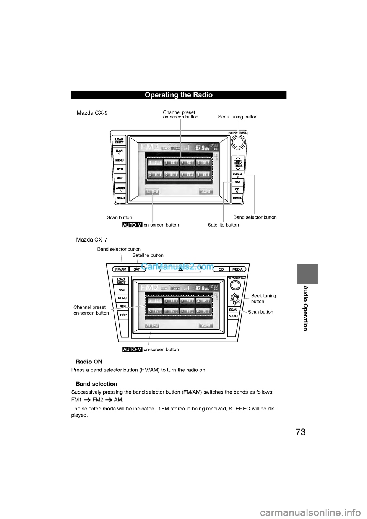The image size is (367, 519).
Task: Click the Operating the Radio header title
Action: coord(179,95)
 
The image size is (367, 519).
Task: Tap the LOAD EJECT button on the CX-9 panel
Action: coord(119,141)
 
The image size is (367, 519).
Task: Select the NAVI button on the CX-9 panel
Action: coord(119,151)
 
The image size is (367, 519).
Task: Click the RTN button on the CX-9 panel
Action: coord(120,169)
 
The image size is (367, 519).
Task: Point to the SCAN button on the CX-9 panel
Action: coord(121,198)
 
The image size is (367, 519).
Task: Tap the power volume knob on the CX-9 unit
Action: coord(238,142)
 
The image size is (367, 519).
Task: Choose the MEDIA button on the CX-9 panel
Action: coord(237,198)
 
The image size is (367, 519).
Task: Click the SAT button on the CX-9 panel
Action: coord(237,182)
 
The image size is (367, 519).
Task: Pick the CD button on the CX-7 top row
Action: coord(221,269)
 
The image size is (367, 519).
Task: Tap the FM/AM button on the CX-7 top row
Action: coord(121,269)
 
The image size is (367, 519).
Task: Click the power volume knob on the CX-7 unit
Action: coord(235,285)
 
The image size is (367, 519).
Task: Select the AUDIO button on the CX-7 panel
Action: coord(233,316)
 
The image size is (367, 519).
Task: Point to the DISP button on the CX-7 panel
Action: coord(123,315)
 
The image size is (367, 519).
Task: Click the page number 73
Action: coord(300,432)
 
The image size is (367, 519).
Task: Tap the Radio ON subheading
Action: coord(89,362)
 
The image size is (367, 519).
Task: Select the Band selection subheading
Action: coord(96,384)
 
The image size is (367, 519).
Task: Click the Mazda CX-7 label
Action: coord(92,240)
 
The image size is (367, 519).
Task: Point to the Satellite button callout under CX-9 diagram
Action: coord(223,225)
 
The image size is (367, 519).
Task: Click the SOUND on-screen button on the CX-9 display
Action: coord(206,191)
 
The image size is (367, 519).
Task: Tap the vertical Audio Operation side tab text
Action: coord(305,308)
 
